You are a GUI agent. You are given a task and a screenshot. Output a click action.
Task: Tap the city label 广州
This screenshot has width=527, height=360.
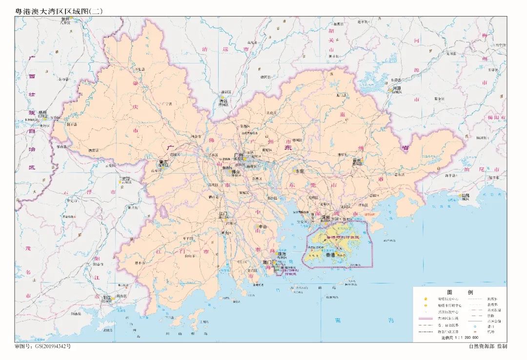(x=239, y=155)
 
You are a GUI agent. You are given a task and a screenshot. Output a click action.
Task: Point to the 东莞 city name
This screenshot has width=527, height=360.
(x=298, y=171)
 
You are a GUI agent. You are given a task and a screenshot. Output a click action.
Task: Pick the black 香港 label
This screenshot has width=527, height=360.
(x=330, y=255)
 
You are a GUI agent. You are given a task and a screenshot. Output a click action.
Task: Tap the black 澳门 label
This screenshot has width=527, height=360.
(x=267, y=262)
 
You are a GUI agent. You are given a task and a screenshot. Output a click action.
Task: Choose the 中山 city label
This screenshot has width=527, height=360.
(x=263, y=226)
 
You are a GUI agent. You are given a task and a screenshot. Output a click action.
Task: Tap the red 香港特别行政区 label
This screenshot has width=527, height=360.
(x=339, y=237)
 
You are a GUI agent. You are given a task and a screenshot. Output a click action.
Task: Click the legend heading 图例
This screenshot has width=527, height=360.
(x=459, y=291)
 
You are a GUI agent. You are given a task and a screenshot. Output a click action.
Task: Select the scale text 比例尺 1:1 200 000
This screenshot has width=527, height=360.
(x=460, y=337)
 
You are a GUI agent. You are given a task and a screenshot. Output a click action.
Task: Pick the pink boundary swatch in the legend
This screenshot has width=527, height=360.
(x=426, y=318)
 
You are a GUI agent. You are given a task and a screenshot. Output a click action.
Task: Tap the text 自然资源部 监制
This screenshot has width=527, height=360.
(x=487, y=346)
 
